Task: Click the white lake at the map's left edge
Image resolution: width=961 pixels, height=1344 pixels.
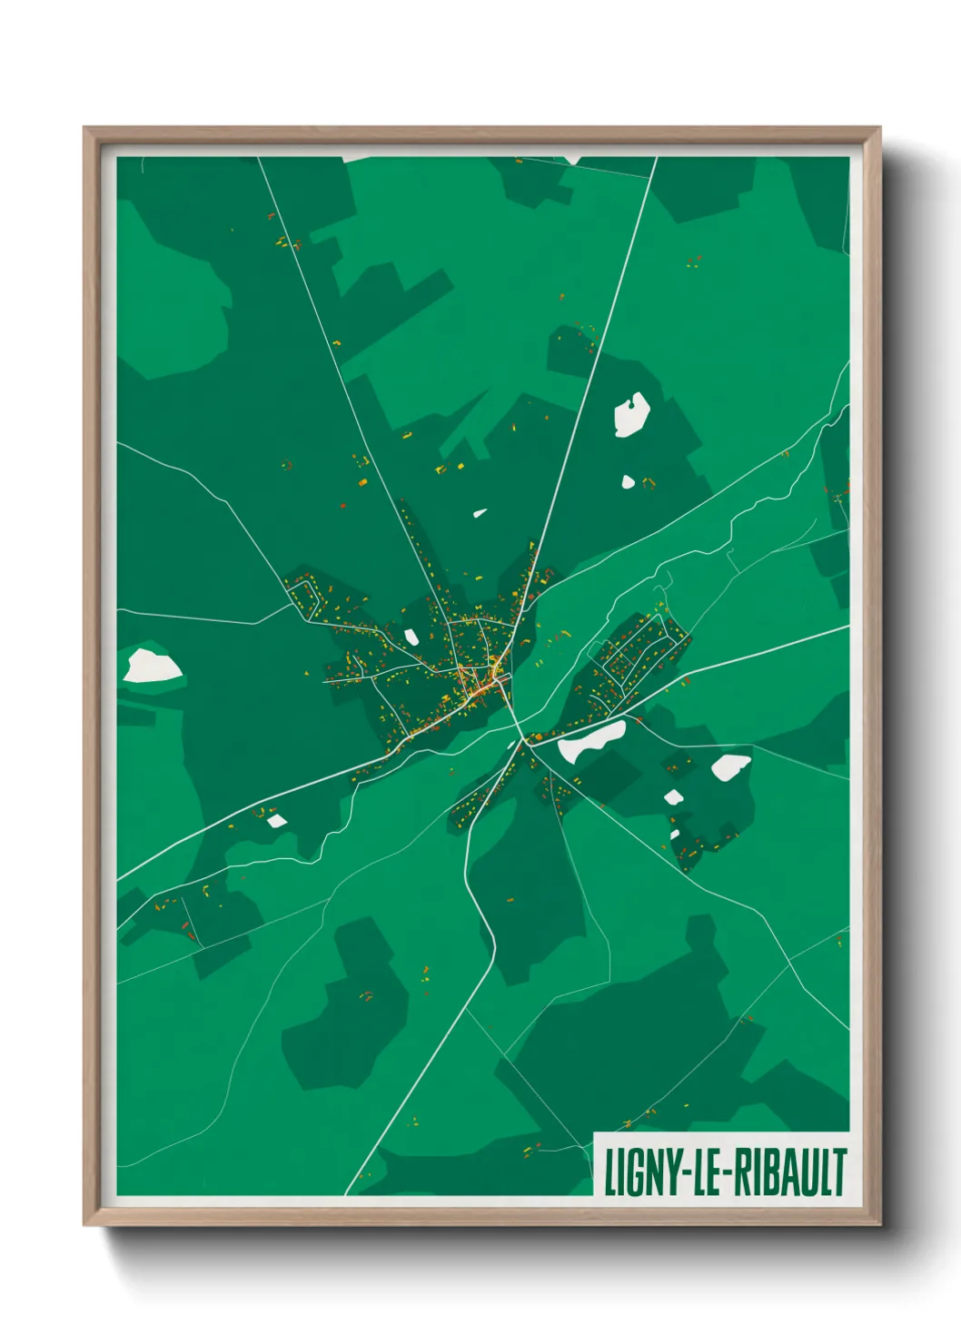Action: [151, 666]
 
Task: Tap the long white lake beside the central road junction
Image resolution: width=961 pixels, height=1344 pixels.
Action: [590, 740]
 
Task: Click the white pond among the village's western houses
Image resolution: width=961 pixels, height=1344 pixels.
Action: [411, 637]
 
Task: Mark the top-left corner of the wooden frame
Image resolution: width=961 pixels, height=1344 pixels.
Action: [84, 129]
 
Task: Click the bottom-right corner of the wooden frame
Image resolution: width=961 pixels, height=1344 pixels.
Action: [880, 1224]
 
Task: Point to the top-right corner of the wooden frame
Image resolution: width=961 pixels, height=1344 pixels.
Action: [880, 129]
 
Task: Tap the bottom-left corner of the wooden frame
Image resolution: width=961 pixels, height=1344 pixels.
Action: [84, 1224]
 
